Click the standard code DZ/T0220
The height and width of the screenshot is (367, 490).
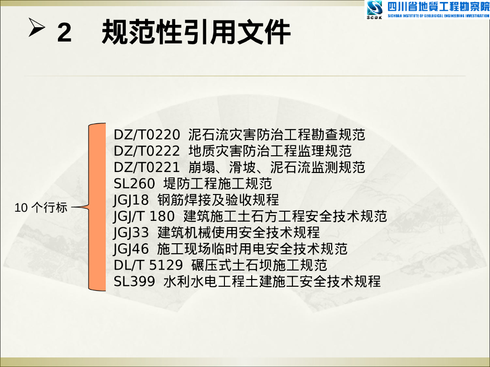pos(147,135)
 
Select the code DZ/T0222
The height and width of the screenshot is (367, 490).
pos(147,151)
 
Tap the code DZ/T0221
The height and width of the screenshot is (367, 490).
pos(147,167)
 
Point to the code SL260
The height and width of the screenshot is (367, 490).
pos(134,183)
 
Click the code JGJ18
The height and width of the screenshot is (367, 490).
pos(132,200)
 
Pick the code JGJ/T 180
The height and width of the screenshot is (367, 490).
pos(144,216)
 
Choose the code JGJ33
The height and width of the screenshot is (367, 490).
pos(132,232)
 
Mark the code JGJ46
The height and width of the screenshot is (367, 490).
pos(132,248)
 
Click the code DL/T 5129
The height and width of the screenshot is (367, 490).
pos(148,265)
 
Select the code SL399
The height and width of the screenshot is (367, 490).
pos(134,281)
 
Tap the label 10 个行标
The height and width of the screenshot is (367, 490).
pos(41,207)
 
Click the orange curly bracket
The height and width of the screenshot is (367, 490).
pos(98,207)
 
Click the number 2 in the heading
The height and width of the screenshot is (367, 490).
pos(64,32)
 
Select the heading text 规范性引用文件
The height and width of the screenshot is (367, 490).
pos(196,32)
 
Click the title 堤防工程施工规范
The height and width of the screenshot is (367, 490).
pos(218,183)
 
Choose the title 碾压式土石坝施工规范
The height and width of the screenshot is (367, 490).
pos(259,265)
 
